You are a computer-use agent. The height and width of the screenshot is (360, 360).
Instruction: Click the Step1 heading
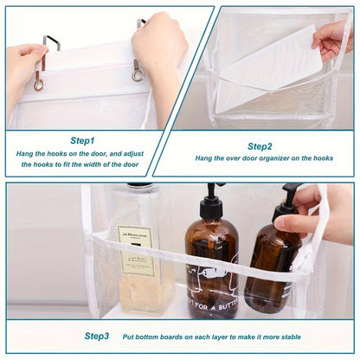(x=82, y=139)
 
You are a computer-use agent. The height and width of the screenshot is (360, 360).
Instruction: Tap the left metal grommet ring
(x=39, y=84)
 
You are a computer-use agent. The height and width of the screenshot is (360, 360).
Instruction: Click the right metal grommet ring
(x=137, y=76)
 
